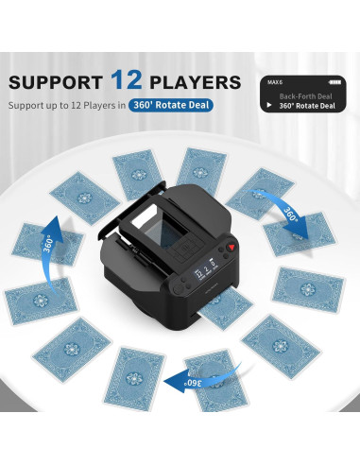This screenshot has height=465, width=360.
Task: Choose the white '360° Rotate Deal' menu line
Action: (306, 106)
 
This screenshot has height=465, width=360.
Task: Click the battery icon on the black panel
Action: (331, 82)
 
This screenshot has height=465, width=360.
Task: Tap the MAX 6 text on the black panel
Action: (277, 82)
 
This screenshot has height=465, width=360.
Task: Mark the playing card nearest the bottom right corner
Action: (280, 346)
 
